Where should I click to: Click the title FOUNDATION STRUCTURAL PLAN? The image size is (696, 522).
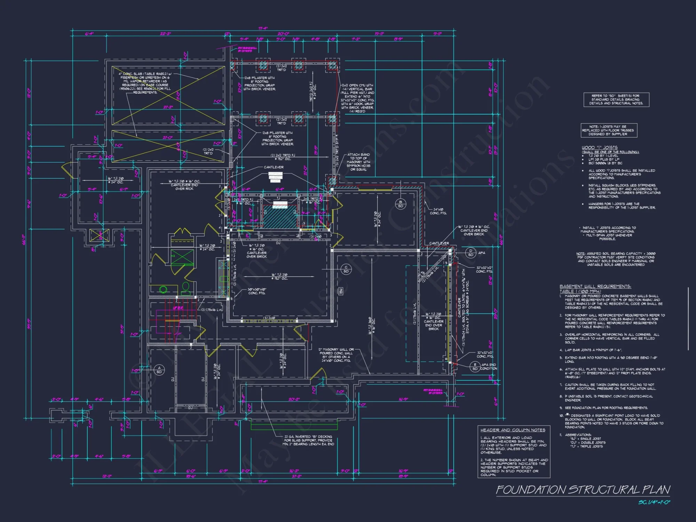[583, 490]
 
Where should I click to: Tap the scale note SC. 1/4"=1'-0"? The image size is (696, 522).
[654, 502]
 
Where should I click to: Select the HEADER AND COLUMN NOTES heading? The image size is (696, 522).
[513, 430]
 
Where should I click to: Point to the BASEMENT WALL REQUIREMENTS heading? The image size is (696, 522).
[595, 286]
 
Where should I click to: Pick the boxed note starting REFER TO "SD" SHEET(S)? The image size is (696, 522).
[616, 100]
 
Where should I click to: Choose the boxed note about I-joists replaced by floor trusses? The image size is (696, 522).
[608, 130]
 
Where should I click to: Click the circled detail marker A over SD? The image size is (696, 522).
[159, 370]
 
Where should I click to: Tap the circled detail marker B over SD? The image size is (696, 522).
[401, 204]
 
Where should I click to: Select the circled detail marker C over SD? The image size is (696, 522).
[346, 269]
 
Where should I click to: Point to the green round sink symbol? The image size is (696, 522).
[163, 289]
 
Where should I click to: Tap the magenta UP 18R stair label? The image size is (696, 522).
[178, 308]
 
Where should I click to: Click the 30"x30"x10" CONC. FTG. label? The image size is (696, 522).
[257, 291]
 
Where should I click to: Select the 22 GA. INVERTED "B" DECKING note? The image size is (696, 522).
[309, 440]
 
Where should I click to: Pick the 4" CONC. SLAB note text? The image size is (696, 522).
[145, 83]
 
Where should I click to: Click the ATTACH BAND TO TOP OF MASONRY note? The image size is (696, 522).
[358, 162]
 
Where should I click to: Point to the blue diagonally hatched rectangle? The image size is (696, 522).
[279, 217]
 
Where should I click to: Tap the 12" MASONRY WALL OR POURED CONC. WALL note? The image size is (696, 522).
[336, 355]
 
